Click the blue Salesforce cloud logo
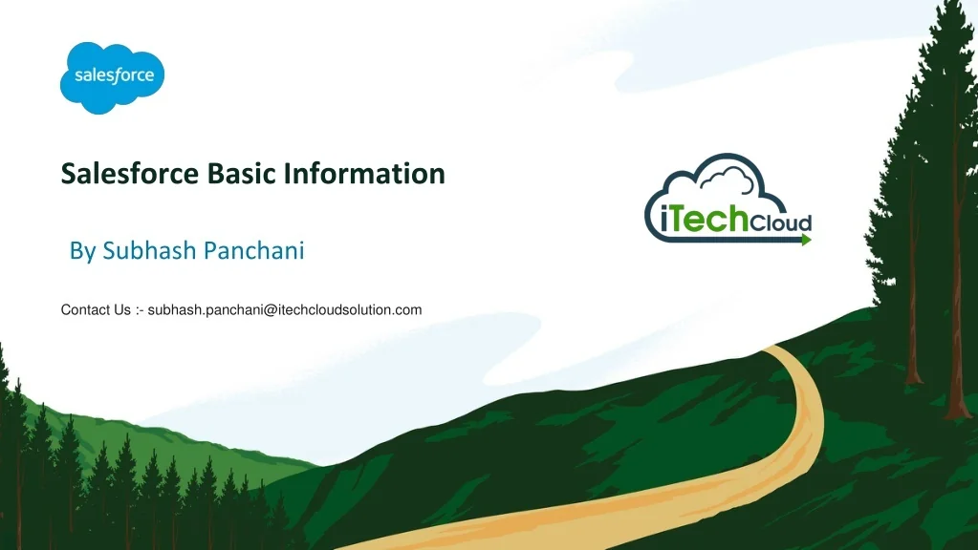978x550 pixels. click(113, 77)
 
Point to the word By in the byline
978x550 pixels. click(82, 251)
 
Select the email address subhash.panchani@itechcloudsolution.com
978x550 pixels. click(285, 309)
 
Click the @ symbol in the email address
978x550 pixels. click(259, 309)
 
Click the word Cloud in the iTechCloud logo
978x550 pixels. click(781, 224)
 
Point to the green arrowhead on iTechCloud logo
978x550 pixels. click(806, 240)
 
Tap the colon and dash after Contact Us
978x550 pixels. click(140, 309)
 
